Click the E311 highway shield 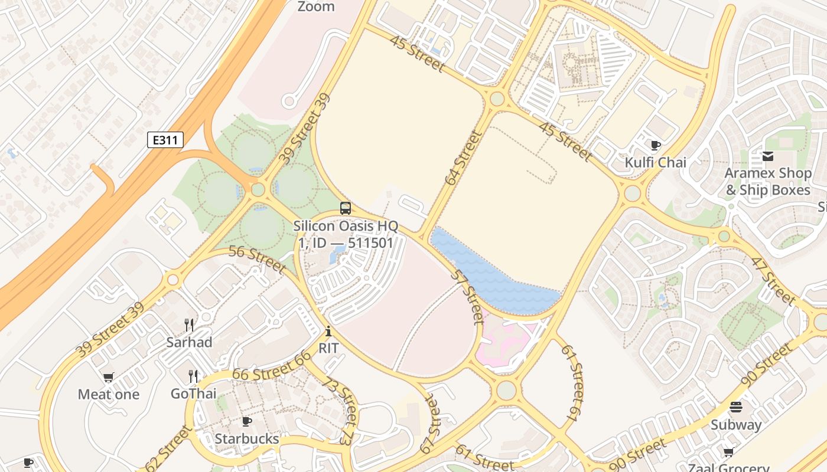165,140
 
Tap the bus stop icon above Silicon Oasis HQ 345,208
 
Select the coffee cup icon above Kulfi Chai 655,145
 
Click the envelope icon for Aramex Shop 768,156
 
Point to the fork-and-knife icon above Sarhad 189,324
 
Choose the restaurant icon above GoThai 193,376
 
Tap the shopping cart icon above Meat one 108,378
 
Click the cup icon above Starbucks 247,421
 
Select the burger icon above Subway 735,407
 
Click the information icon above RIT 328,332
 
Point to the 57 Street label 468,296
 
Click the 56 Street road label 257,260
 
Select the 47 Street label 773,280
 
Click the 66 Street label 271,366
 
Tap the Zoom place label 315,7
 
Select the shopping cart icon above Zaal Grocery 728,453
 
